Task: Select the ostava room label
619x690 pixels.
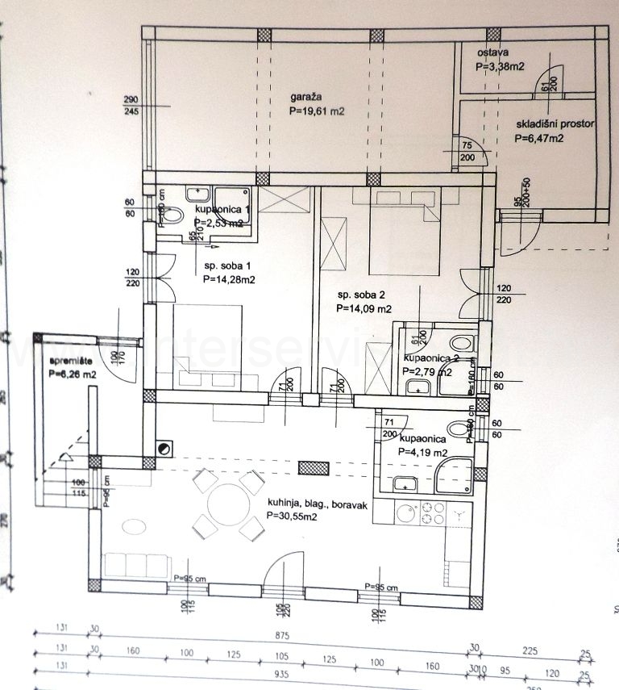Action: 491,52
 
